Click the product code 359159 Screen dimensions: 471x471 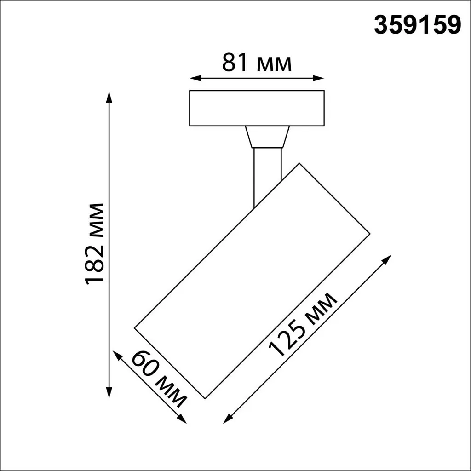(x=417, y=26)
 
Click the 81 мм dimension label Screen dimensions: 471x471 (x=257, y=63)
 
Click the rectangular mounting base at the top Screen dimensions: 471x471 (x=257, y=108)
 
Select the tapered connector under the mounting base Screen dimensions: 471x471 (x=267, y=137)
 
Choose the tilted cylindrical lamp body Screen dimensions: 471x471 (x=252, y=281)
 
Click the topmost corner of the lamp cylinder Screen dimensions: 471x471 (x=300, y=163)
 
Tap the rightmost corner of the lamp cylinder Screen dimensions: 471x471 (x=369, y=233)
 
